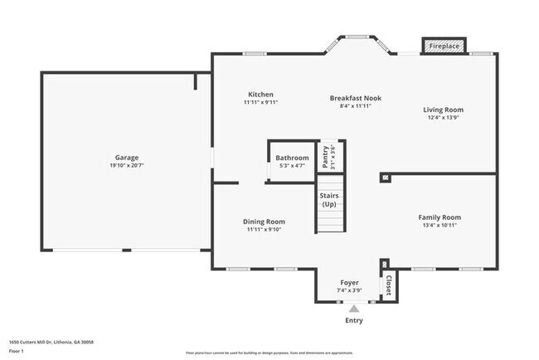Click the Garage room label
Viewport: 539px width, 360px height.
click(127, 158)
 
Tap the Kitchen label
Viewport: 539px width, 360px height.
click(261, 95)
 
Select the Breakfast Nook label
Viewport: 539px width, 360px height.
click(357, 97)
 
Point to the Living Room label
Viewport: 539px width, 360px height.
click(443, 109)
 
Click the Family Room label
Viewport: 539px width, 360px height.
click(439, 217)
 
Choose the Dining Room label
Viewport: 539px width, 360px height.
click(264, 221)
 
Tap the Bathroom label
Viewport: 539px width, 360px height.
click(292, 158)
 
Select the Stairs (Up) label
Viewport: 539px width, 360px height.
click(329, 200)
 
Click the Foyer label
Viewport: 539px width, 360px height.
click(349, 283)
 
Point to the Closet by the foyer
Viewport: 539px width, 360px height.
click(387, 285)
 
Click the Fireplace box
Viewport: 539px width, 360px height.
click(444, 46)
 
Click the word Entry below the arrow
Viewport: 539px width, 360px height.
click(353, 320)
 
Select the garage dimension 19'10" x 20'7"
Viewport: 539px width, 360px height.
click(127, 166)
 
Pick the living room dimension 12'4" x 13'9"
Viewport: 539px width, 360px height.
click(443, 118)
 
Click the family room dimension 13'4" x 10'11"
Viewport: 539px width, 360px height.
click(439, 226)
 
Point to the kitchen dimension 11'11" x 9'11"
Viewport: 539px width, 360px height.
click(261, 103)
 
